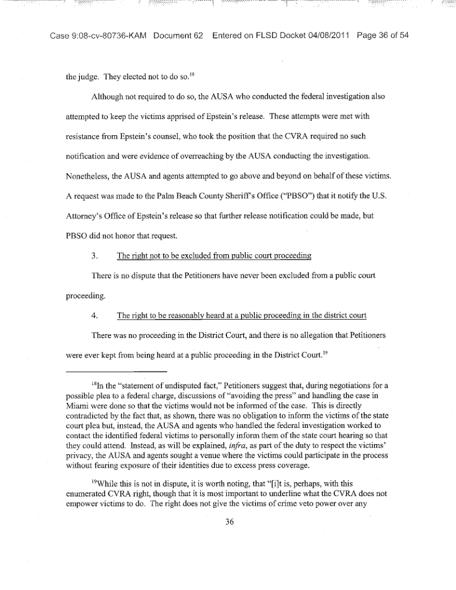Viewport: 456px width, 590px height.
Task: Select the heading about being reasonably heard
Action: pyautogui.click(x=241, y=315)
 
